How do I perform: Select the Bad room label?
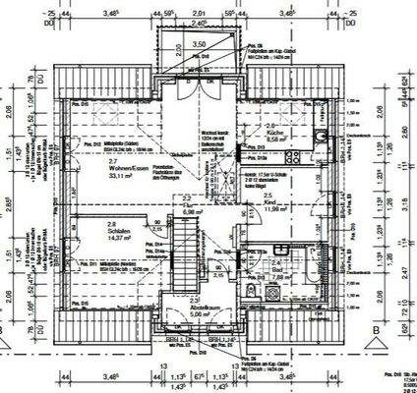[x=276, y=270]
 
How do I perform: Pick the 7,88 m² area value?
[x=278, y=277]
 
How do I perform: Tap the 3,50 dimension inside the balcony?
[x=198, y=44]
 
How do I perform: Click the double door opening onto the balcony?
[x=198, y=86]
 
